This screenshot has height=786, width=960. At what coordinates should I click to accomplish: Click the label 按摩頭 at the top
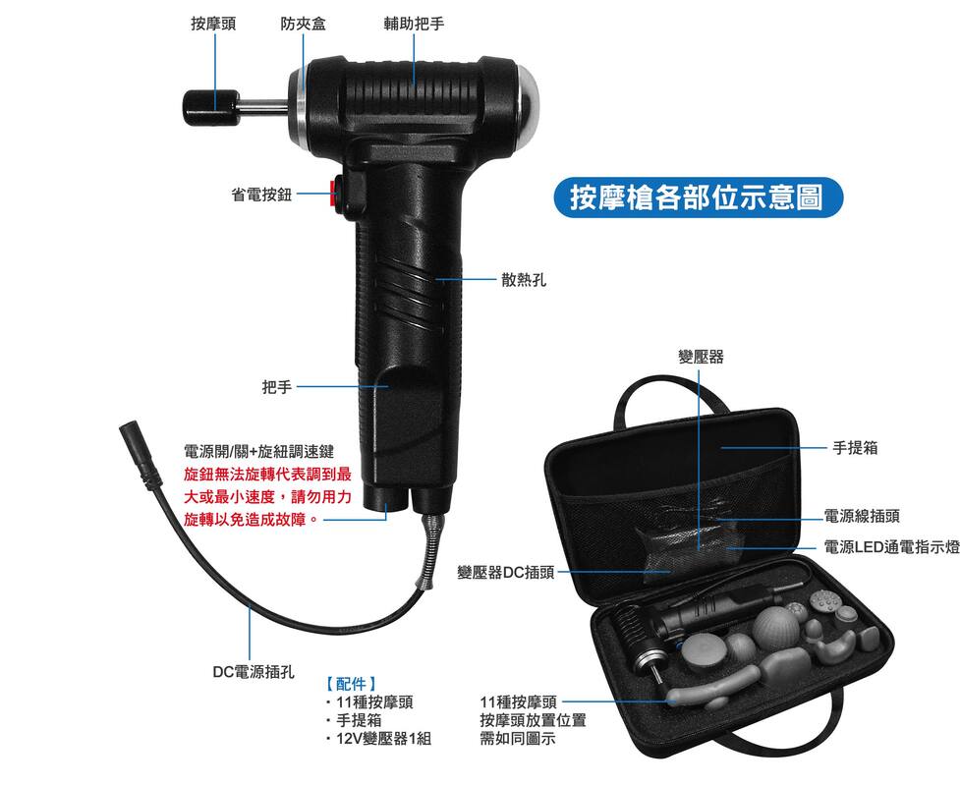(213, 24)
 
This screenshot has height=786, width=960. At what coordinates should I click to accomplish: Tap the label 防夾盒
(303, 24)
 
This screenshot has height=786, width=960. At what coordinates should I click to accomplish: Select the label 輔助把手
(414, 24)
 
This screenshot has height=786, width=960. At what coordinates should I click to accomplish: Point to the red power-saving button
(334, 193)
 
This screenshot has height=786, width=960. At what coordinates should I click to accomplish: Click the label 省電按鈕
(261, 195)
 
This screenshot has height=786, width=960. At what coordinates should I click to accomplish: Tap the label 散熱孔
(524, 280)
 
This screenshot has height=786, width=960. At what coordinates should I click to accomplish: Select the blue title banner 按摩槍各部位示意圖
(698, 197)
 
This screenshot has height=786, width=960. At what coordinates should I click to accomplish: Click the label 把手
(277, 387)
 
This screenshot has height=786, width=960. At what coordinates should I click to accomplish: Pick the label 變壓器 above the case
(701, 357)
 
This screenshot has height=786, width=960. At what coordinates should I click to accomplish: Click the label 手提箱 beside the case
(855, 447)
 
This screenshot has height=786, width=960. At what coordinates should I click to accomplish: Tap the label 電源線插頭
(862, 516)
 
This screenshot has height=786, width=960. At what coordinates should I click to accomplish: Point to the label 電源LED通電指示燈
(891, 547)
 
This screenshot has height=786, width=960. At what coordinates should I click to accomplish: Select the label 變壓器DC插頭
(506, 573)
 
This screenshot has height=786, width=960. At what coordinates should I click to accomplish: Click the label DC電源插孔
(254, 671)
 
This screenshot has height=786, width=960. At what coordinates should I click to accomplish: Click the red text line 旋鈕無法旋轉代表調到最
(267, 474)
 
